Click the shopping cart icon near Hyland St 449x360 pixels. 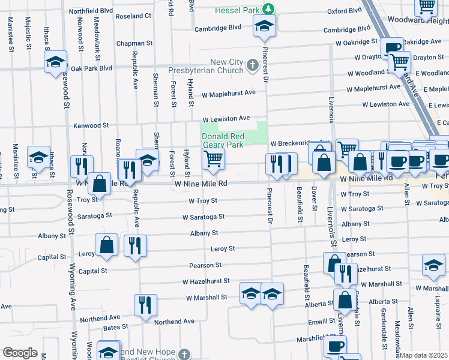click(213, 158)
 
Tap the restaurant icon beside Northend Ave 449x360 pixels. click(145, 305)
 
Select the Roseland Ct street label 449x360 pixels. click(133, 16)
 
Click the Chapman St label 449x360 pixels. click(134, 44)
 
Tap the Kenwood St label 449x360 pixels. click(91, 126)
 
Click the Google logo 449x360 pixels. click(20, 353)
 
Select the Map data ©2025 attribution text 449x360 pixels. click(424, 355)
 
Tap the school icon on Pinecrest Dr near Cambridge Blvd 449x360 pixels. click(263, 25)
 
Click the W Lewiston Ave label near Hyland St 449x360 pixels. click(225, 119)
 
